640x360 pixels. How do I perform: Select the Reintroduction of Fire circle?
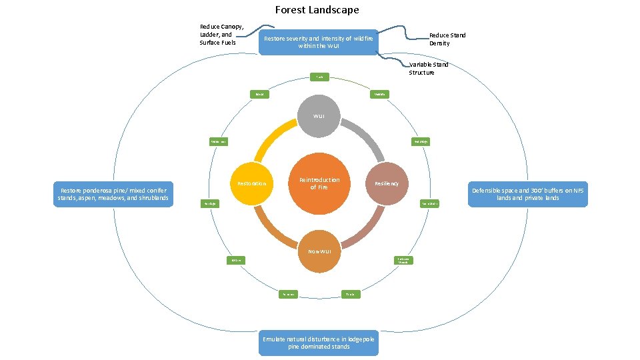click(x=319, y=183)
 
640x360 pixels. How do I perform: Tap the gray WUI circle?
click(x=319, y=116)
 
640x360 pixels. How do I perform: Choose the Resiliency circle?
click(x=387, y=183)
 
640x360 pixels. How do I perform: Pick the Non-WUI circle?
click(x=319, y=251)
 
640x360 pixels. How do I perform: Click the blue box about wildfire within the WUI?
click(x=318, y=43)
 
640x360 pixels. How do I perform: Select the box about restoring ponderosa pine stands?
click(x=113, y=194)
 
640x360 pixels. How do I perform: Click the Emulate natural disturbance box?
click(x=319, y=343)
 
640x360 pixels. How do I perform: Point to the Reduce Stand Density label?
click(x=447, y=39)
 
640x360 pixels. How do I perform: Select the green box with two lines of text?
click(x=403, y=260)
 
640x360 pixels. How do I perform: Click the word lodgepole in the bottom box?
click(x=357, y=339)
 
